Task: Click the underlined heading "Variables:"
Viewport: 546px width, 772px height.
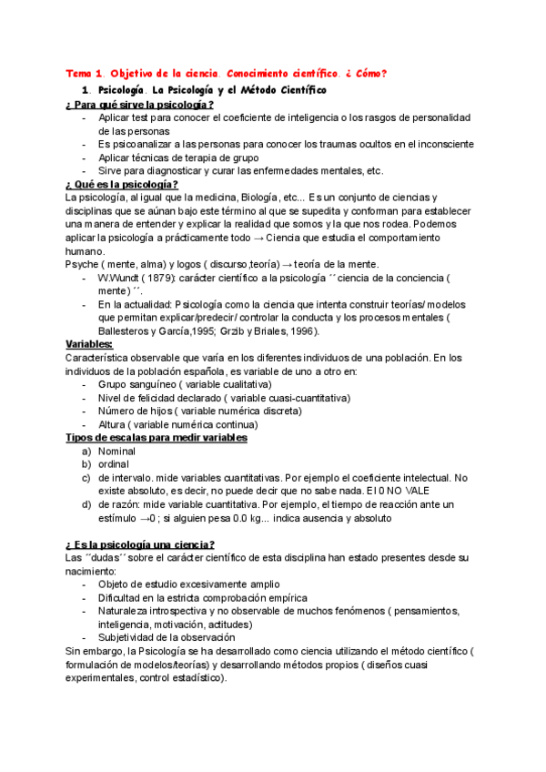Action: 89,344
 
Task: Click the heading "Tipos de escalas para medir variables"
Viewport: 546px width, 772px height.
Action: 157,437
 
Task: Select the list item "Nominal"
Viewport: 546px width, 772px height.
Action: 116,451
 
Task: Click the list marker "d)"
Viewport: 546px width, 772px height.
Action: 86,503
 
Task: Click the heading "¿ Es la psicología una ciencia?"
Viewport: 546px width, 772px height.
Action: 141,543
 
